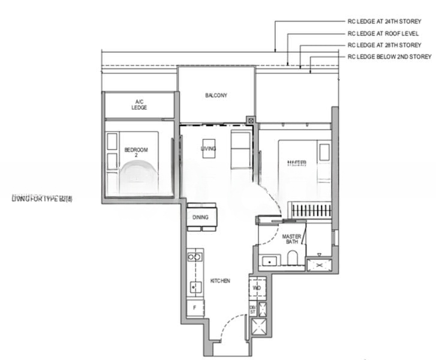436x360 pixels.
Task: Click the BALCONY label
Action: (x=216, y=95)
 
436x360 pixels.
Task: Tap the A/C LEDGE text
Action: (x=139, y=104)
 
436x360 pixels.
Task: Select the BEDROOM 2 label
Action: (x=136, y=152)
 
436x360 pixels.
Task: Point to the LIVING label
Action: (x=209, y=149)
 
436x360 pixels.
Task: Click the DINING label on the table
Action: (x=201, y=217)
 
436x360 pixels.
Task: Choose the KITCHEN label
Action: (x=220, y=281)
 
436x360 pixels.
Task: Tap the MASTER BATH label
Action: (x=291, y=240)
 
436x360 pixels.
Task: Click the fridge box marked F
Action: (x=194, y=307)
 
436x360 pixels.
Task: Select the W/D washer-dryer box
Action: (x=257, y=287)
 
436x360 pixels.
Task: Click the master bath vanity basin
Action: (x=269, y=261)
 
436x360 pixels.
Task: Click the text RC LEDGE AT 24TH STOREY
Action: (x=389, y=22)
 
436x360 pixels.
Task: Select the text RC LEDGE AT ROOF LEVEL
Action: (x=383, y=34)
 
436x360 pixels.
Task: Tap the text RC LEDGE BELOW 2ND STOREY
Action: (x=389, y=56)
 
